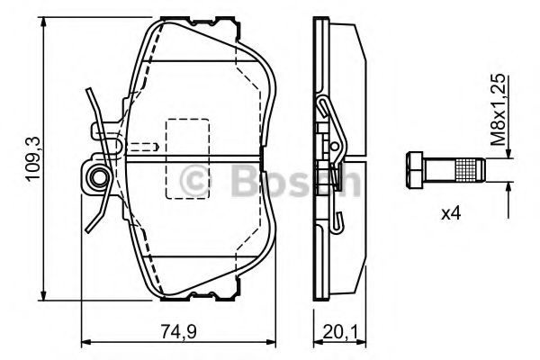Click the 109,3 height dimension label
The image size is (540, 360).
(33, 158)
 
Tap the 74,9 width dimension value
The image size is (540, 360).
(179, 332)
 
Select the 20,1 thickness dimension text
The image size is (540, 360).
(340, 332)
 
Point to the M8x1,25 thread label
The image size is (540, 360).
(499, 109)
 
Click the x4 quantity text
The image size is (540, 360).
(451, 214)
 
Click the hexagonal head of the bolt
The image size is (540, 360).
(414, 170)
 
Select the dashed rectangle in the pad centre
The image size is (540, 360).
(188, 158)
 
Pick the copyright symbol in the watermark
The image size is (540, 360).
(194, 180)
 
